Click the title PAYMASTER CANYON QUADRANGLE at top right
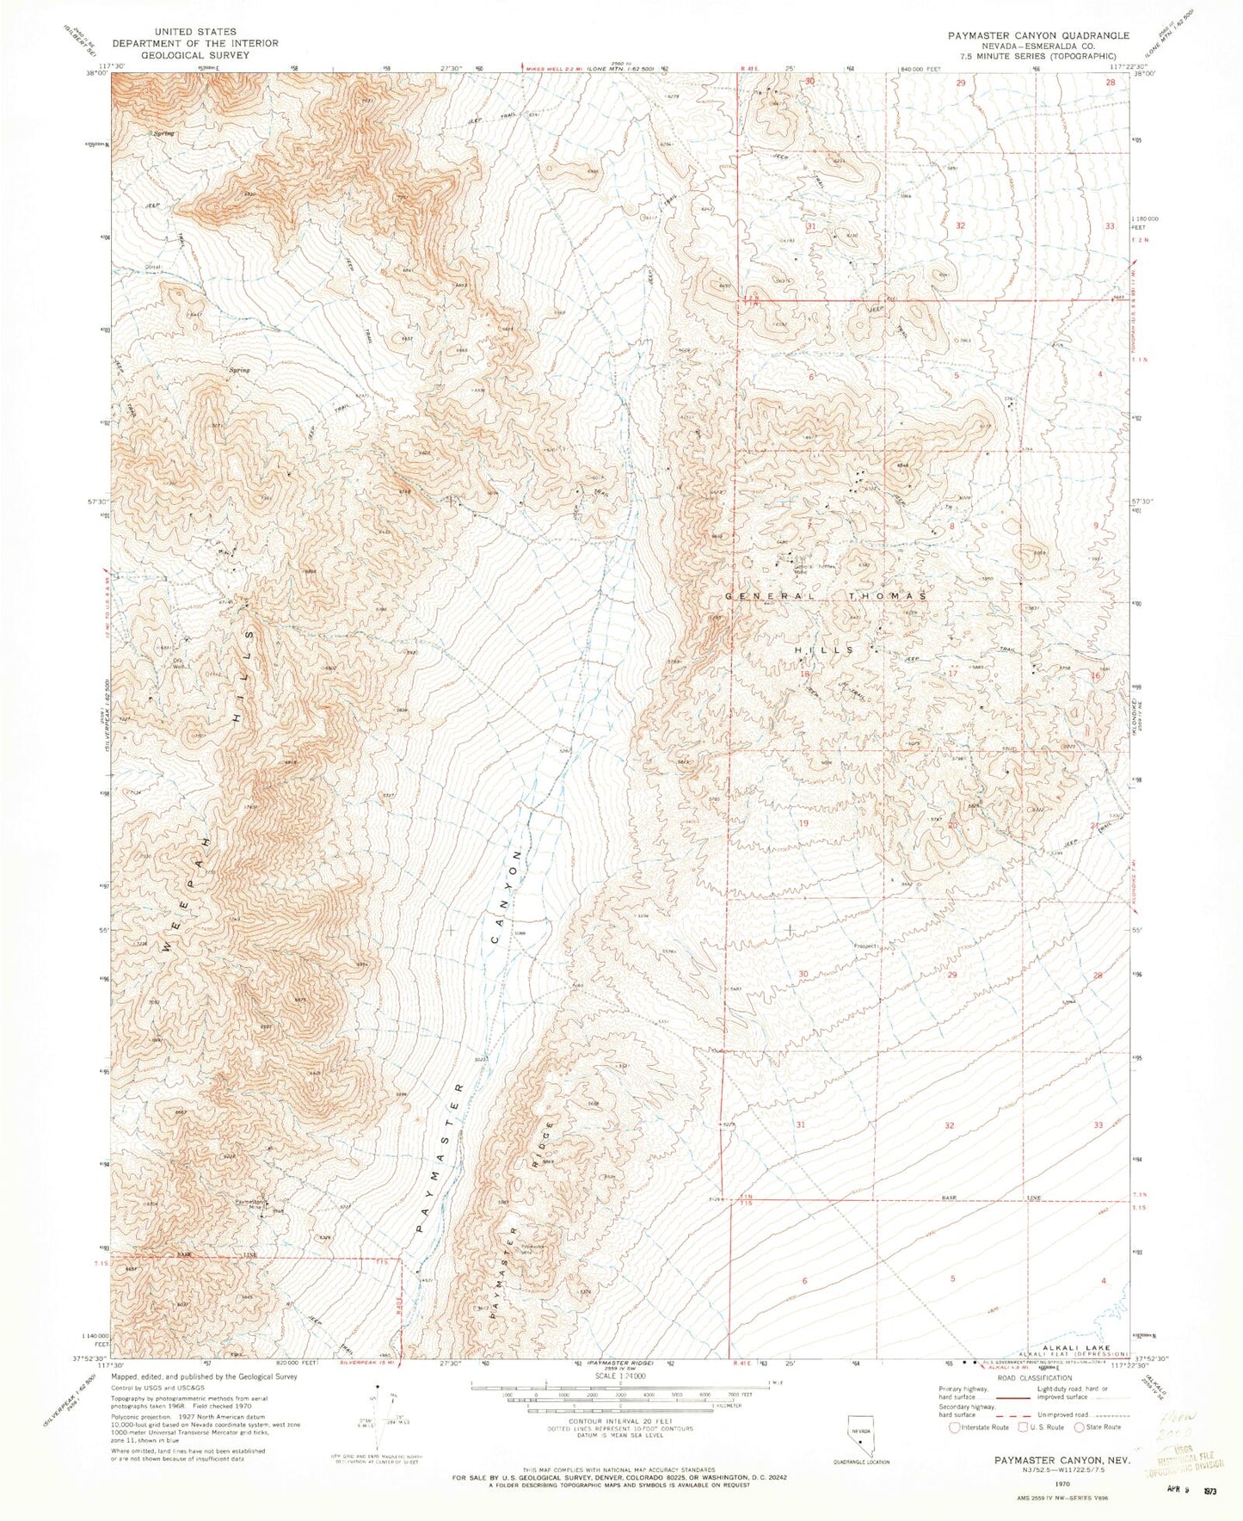coord(1038,35)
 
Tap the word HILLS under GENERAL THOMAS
coord(827,650)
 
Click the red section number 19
coord(803,823)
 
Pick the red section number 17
coord(952,674)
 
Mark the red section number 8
coord(952,525)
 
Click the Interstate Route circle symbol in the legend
coord(954,1427)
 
